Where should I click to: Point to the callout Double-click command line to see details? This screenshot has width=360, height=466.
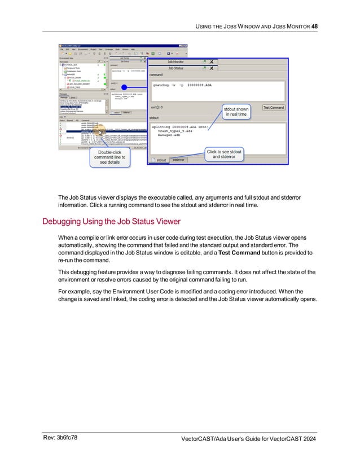(110, 157)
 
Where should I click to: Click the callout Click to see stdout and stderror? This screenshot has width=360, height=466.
(224, 154)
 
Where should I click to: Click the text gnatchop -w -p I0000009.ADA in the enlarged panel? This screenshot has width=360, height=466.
(182, 85)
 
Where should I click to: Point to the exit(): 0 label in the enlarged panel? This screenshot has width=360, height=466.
(157, 106)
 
